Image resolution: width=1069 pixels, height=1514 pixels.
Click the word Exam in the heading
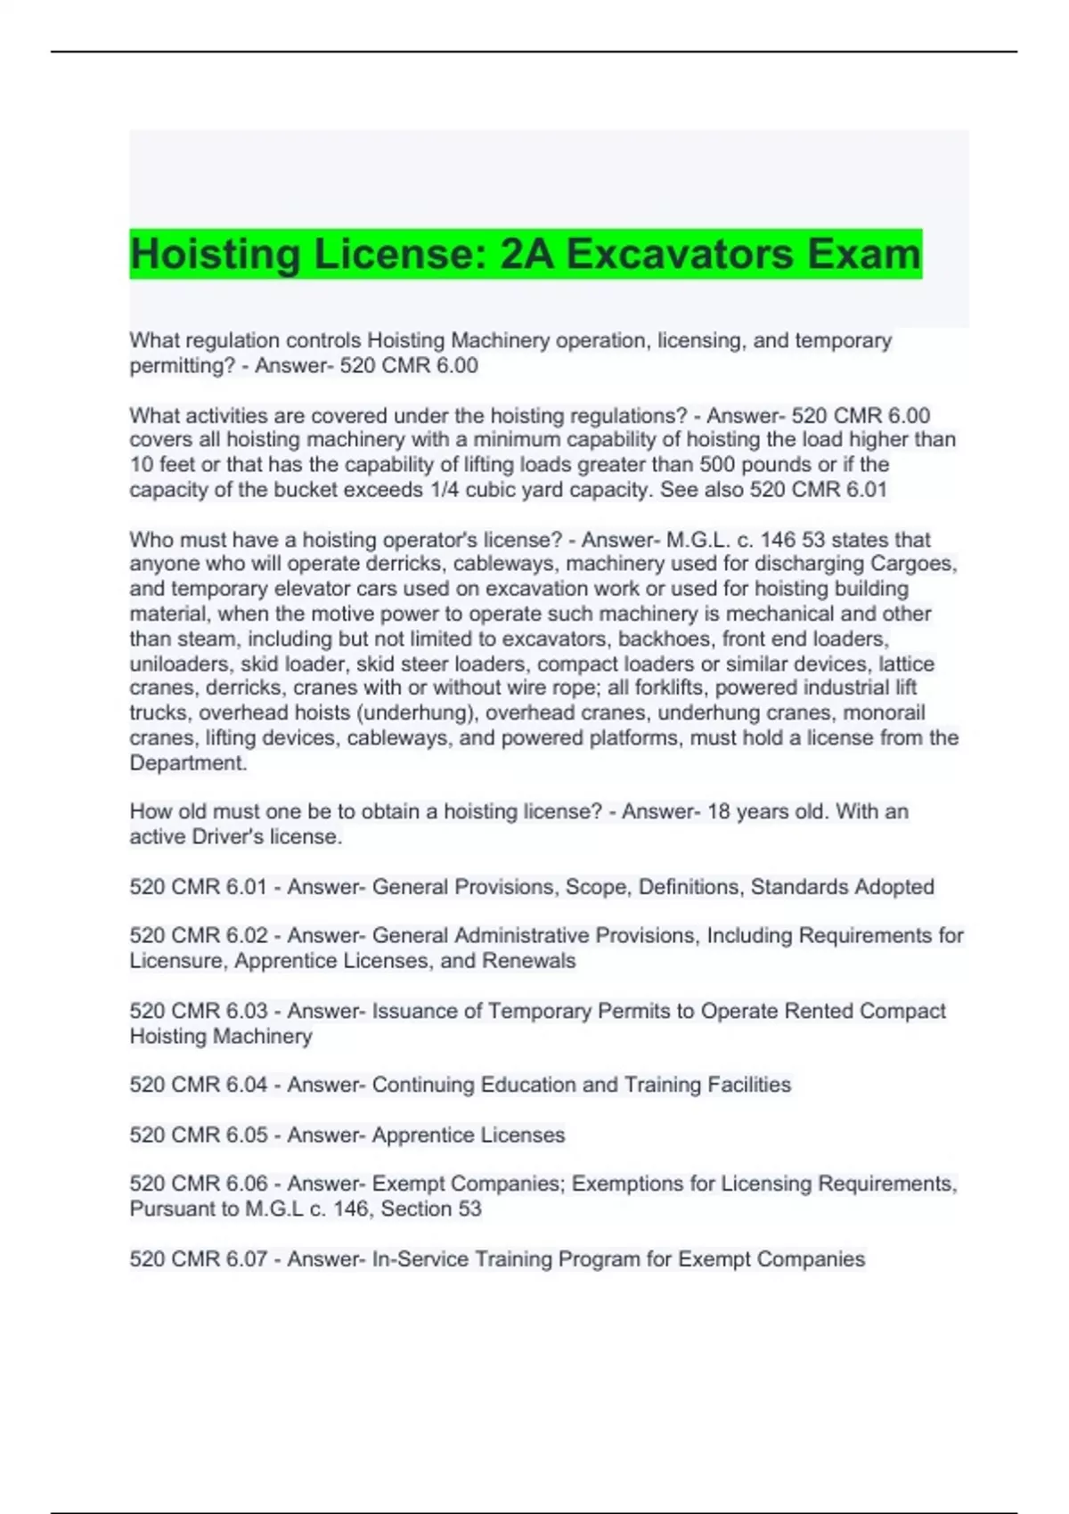click(864, 254)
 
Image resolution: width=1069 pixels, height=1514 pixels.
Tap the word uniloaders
click(181, 663)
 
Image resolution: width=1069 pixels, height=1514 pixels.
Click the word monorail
click(885, 712)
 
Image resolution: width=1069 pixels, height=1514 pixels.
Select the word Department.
click(187, 763)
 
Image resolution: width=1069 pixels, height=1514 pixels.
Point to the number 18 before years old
click(719, 811)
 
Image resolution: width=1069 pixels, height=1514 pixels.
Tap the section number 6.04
click(247, 1085)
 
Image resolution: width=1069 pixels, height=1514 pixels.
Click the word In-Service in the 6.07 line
click(418, 1259)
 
